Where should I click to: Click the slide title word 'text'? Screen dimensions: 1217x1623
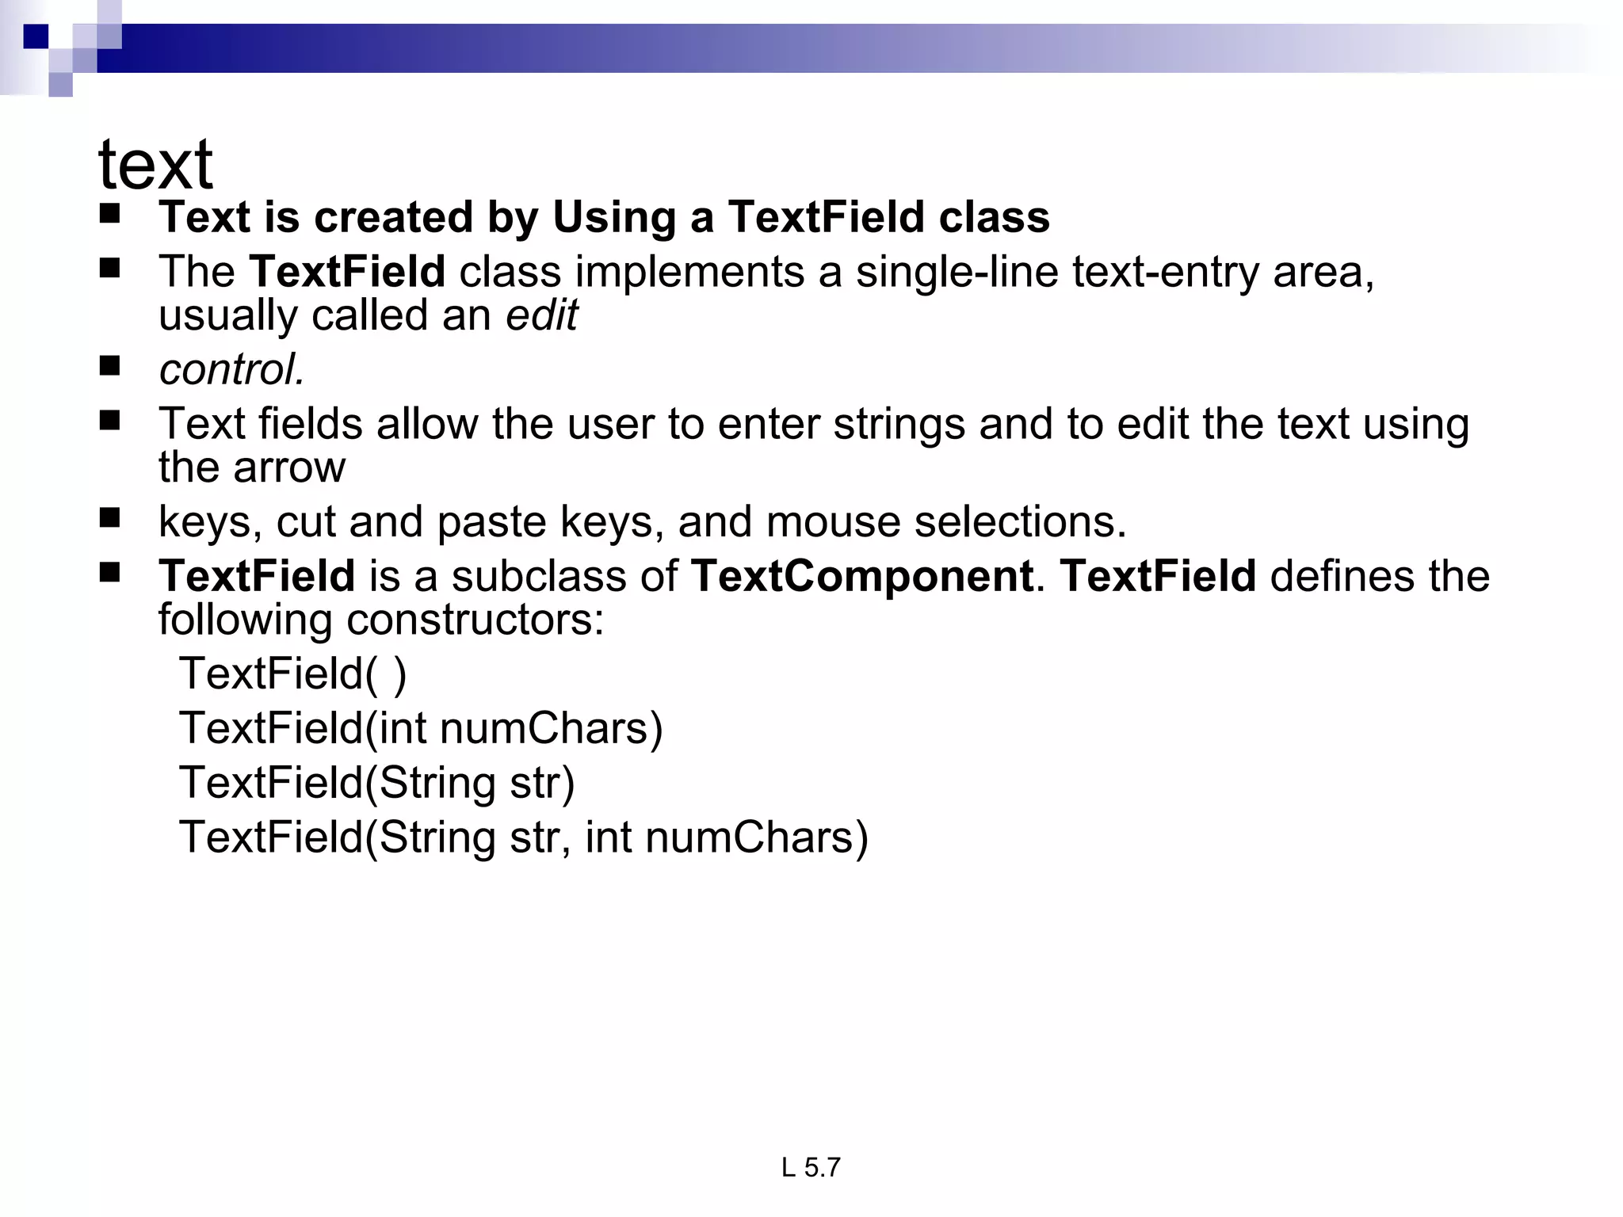pyautogui.click(x=155, y=165)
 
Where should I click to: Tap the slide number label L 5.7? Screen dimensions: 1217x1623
pyautogui.click(x=810, y=1167)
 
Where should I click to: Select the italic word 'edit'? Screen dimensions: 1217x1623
pyautogui.click(x=542, y=315)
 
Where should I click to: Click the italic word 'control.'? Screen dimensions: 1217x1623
pyautogui.click(x=231, y=369)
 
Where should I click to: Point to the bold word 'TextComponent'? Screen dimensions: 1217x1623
pyautogui.click(x=861, y=575)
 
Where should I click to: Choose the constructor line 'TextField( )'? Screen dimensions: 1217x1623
pyautogui.click(x=292, y=673)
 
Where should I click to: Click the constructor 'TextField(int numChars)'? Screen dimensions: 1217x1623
pyautogui.click(x=421, y=728)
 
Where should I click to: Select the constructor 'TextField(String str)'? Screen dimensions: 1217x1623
pyautogui.click(x=376, y=783)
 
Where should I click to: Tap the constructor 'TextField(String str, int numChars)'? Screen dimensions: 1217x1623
pyautogui.click(x=524, y=837)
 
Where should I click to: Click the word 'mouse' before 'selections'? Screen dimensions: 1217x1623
pyautogui.click(x=833, y=522)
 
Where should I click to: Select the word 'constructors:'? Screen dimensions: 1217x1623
pyautogui.click(x=475, y=620)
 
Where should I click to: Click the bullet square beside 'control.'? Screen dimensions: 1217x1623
pyautogui.click(x=109, y=366)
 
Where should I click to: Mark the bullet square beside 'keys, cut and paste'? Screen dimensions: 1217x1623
pyautogui.click(x=109, y=518)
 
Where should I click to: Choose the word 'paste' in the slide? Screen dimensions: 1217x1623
pyautogui.click(x=491, y=522)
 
